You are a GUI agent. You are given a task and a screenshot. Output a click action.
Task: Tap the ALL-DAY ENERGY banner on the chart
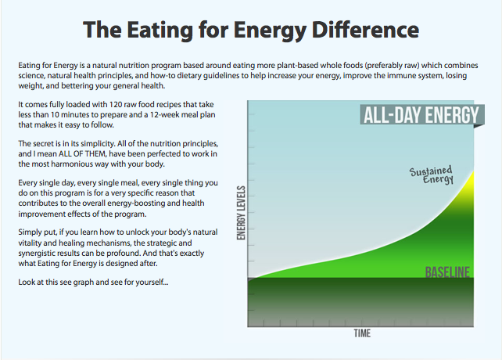coord(420,116)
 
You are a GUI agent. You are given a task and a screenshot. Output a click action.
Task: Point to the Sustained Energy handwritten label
coord(432,175)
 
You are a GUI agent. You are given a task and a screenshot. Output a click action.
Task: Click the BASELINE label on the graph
coord(447,272)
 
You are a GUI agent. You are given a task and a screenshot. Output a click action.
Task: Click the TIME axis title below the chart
coord(361,333)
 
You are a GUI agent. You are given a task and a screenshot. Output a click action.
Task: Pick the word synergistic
coord(40,256)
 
